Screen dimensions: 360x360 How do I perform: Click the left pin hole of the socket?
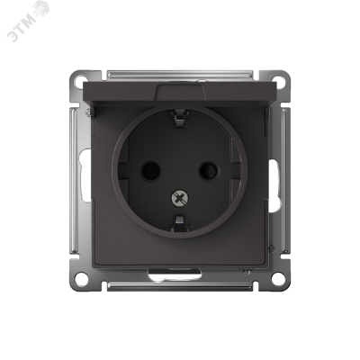coord(150,171)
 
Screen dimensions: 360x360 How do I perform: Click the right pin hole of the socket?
coord(208,171)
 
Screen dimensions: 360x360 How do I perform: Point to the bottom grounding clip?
coord(179,223)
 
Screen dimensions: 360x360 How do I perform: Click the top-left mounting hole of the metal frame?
coord(80,81)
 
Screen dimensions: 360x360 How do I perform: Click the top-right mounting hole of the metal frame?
coord(278,81)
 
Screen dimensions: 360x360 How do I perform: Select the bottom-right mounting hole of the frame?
coord(278,279)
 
